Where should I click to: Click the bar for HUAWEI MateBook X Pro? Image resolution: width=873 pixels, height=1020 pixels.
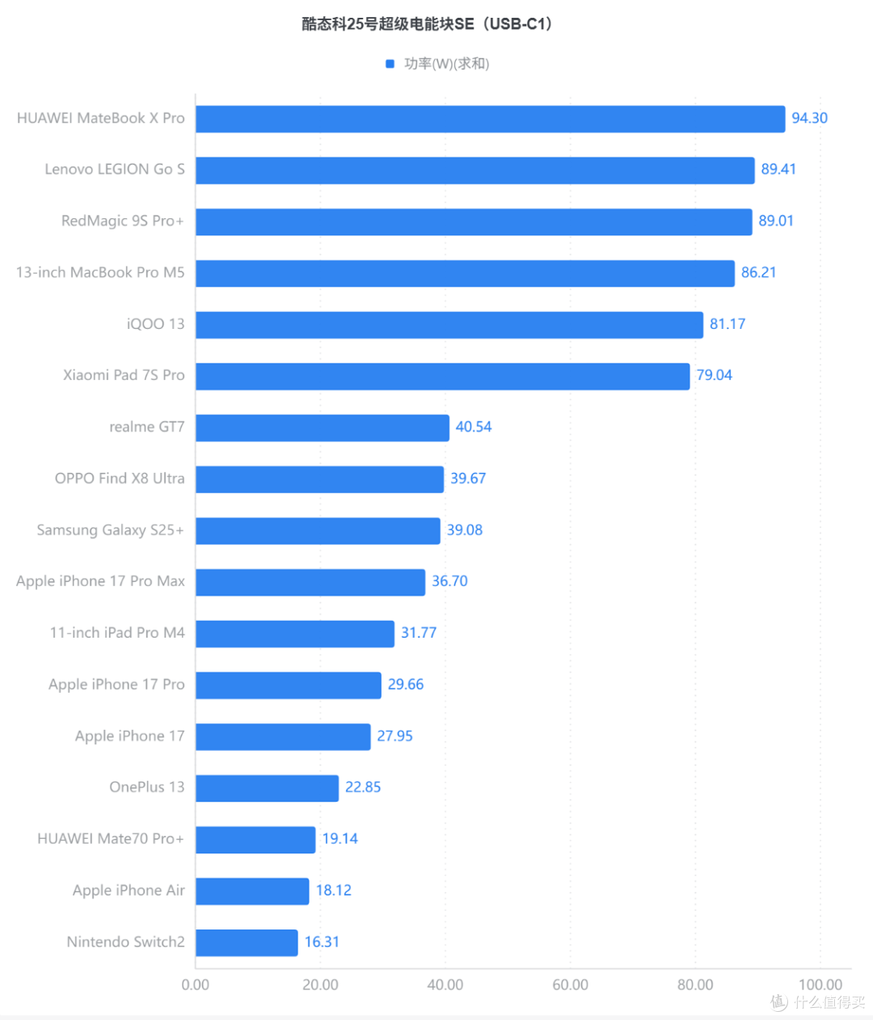490,119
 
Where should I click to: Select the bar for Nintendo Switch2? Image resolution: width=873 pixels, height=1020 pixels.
247,942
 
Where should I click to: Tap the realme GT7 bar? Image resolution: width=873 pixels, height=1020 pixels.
323,428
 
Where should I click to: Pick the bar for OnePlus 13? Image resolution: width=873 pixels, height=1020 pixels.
267,788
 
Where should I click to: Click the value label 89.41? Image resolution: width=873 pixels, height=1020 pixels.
778,169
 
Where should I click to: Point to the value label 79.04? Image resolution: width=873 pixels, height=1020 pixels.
714,375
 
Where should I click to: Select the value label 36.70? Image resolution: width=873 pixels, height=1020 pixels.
449,581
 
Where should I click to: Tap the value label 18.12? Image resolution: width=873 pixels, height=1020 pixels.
334,890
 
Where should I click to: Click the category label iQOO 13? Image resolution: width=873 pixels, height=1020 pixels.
155,324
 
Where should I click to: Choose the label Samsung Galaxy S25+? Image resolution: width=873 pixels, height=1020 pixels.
111,530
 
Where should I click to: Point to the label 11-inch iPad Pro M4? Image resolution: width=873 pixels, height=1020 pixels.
117,633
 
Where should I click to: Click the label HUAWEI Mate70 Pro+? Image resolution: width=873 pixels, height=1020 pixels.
111,838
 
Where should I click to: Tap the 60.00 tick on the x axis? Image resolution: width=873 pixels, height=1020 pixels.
571,985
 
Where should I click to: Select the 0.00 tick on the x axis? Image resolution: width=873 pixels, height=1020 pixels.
196,985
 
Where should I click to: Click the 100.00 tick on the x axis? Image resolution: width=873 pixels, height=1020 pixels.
820,985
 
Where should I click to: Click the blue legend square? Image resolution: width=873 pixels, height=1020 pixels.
390,64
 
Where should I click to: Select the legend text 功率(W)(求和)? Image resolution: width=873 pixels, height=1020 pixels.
447,64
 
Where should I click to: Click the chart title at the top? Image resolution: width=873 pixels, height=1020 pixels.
428,23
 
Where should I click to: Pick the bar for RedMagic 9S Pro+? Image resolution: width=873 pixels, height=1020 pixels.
474,222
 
